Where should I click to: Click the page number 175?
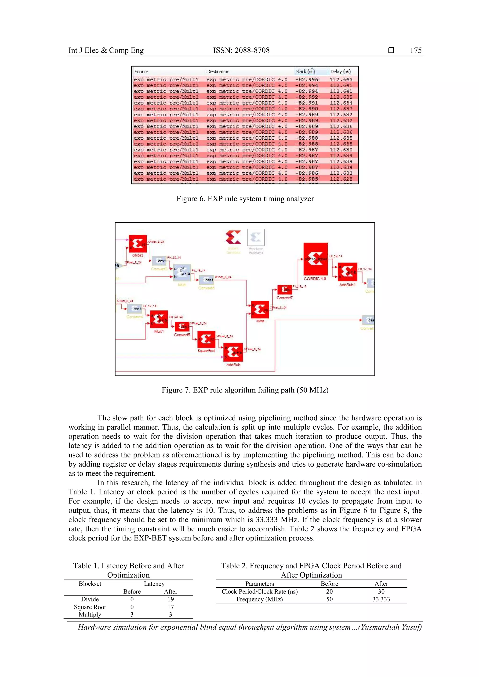(416, 50)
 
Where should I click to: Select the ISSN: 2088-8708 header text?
(241, 50)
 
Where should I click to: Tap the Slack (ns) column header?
(305, 71)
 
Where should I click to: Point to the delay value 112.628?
(341, 179)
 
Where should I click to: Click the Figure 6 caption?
(245, 199)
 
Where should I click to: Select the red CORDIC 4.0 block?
(315, 259)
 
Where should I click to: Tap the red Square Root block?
(206, 339)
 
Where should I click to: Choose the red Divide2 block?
(138, 244)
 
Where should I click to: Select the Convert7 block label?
(284, 298)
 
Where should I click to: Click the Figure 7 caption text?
(245, 390)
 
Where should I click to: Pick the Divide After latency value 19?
(171, 599)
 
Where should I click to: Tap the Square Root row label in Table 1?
(90, 607)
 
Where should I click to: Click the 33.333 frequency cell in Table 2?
(381, 599)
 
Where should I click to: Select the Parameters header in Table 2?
(260, 583)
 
